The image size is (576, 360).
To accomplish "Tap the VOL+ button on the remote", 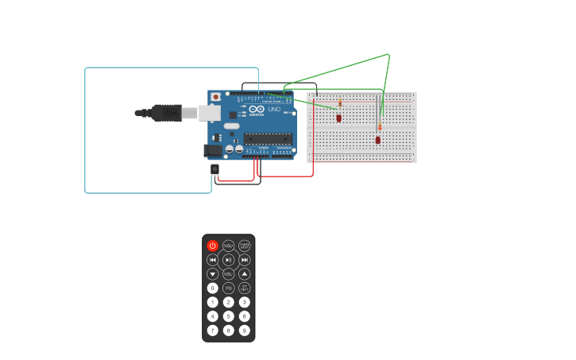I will coord(229,246).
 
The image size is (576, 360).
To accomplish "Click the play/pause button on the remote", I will coord(229,260).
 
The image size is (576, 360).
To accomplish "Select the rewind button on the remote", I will coord(213,260).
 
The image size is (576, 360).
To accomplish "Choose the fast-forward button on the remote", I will coord(245,260).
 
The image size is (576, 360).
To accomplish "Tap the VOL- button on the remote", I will coord(229,274).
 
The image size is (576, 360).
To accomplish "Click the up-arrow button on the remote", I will coord(245,274).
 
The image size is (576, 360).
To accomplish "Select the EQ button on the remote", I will coord(229,288).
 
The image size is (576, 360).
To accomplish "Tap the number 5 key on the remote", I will coord(229,316).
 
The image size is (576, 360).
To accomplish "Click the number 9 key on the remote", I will coord(245,331).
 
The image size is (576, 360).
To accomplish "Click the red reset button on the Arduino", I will coord(215,97).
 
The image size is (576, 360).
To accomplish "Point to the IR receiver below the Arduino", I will coord(215,168).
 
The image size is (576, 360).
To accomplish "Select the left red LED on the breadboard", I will coord(338,118).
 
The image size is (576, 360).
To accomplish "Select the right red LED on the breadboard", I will coord(378,140).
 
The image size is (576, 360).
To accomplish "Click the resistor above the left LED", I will coord(340,104).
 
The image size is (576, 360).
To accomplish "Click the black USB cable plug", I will coord(166,113).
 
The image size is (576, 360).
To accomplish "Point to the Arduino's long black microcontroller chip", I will coord(268,138).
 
